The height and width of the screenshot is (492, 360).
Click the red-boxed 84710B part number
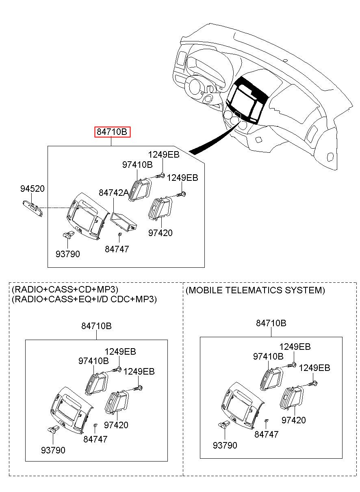click(x=113, y=132)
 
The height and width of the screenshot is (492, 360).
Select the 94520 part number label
click(x=33, y=189)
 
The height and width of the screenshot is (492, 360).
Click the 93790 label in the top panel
click(x=68, y=254)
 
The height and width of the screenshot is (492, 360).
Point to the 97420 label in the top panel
click(x=160, y=233)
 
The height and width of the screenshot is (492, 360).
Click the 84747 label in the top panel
click(x=117, y=249)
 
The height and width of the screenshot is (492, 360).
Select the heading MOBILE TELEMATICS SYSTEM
click(x=255, y=290)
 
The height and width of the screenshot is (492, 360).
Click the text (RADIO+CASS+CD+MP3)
click(x=65, y=290)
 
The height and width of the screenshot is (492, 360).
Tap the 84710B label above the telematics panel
click(x=271, y=323)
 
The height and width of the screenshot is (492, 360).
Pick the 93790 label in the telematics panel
click(x=225, y=445)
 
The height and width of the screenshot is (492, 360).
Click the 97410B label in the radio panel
click(x=93, y=360)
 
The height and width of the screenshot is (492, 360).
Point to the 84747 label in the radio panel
click(x=95, y=439)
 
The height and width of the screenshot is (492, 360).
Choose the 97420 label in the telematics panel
click(x=293, y=420)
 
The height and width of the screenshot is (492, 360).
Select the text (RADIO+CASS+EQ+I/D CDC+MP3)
click(x=84, y=299)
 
